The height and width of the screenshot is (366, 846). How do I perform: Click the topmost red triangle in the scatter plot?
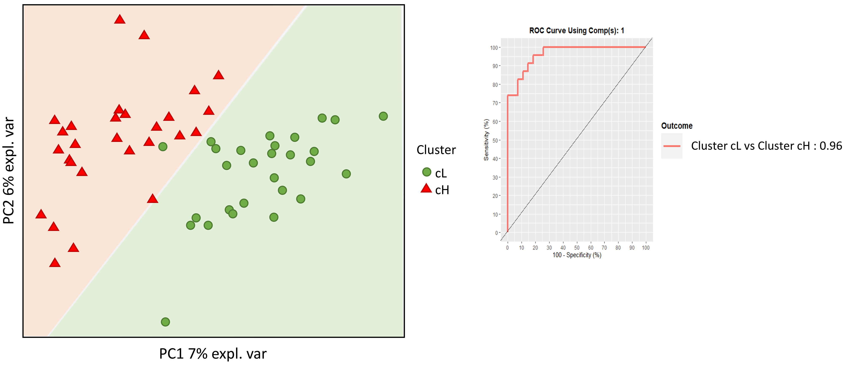click(x=119, y=20)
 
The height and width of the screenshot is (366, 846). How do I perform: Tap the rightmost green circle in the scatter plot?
click(x=383, y=116)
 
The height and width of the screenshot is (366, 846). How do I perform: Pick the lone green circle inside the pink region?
click(x=163, y=147)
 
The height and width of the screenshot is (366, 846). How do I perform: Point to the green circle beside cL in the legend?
click(x=427, y=172)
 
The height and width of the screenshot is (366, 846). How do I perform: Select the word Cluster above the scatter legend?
click(x=436, y=150)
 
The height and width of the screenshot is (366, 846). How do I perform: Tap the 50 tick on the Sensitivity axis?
click(x=495, y=141)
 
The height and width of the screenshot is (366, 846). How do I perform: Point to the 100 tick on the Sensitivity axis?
click(x=494, y=48)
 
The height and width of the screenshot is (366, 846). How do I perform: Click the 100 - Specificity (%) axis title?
click(x=577, y=255)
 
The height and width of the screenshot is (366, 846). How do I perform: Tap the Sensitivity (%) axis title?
click(x=486, y=140)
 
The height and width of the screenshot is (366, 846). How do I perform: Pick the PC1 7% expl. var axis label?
click(x=213, y=354)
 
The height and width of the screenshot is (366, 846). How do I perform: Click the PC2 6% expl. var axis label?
click(x=9, y=171)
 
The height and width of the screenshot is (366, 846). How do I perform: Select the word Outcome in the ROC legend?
click(x=677, y=126)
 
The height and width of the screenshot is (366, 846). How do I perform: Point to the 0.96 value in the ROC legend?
click(x=831, y=146)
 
